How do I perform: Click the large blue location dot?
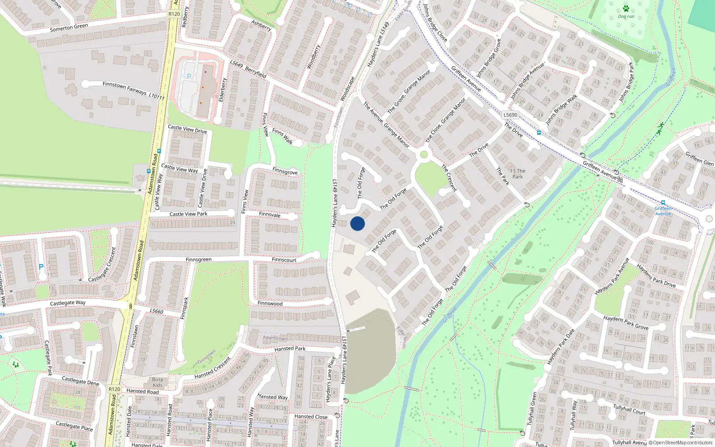(357, 223)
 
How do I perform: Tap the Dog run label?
(626, 17)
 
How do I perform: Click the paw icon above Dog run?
(626, 8)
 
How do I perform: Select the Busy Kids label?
(158, 382)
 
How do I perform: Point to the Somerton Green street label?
(69, 27)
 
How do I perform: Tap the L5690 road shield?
(510, 115)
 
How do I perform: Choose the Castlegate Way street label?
(67, 303)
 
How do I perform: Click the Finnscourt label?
(284, 260)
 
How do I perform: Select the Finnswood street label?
(270, 304)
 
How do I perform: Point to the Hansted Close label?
(311, 417)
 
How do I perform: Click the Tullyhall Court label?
(629, 409)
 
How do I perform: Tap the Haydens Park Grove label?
(626, 322)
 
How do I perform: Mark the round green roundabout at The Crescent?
(424, 155)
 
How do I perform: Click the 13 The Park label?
(517, 173)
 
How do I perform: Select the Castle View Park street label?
(188, 214)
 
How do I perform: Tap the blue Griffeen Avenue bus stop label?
(663, 211)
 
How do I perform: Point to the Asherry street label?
(261, 25)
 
